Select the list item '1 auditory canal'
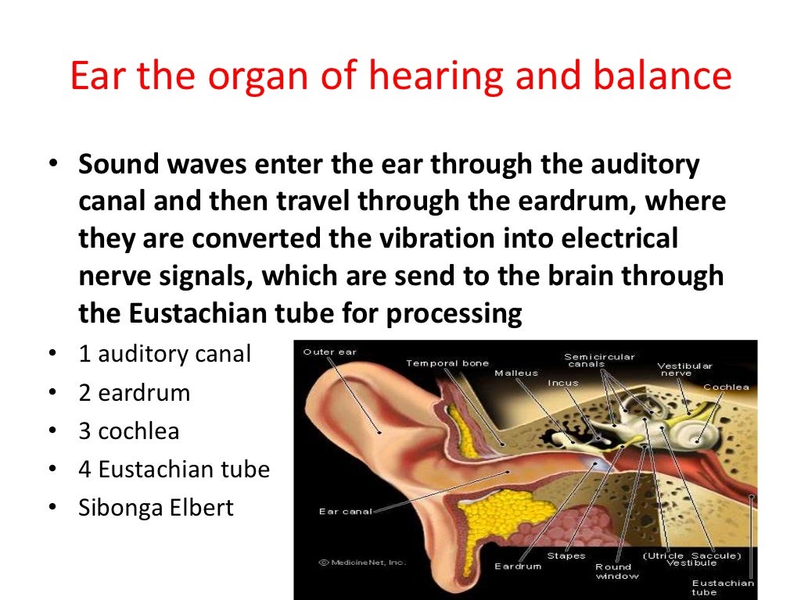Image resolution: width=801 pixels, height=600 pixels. (165, 354)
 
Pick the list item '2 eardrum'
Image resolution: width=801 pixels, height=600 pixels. (135, 392)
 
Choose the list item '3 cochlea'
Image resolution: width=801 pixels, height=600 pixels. (129, 430)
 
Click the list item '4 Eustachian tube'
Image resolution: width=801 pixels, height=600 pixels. (174, 470)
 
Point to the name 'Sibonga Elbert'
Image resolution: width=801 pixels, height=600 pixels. (156, 508)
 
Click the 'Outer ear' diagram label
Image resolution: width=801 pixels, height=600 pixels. (329, 352)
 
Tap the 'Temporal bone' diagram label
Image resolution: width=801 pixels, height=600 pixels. (447, 363)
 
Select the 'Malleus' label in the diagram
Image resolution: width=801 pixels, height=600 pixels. (516, 373)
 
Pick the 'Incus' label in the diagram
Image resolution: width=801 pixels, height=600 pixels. (563, 383)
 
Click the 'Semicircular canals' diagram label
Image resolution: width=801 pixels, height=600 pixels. (599, 360)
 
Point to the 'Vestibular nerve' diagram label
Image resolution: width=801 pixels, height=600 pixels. (684, 370)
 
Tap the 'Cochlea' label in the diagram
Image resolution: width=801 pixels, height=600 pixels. (726, 387)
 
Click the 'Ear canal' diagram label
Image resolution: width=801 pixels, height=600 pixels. (345, 512)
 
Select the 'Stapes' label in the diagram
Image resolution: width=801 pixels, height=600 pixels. (566, 556)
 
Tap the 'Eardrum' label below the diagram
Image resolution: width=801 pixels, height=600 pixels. (517, 566)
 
